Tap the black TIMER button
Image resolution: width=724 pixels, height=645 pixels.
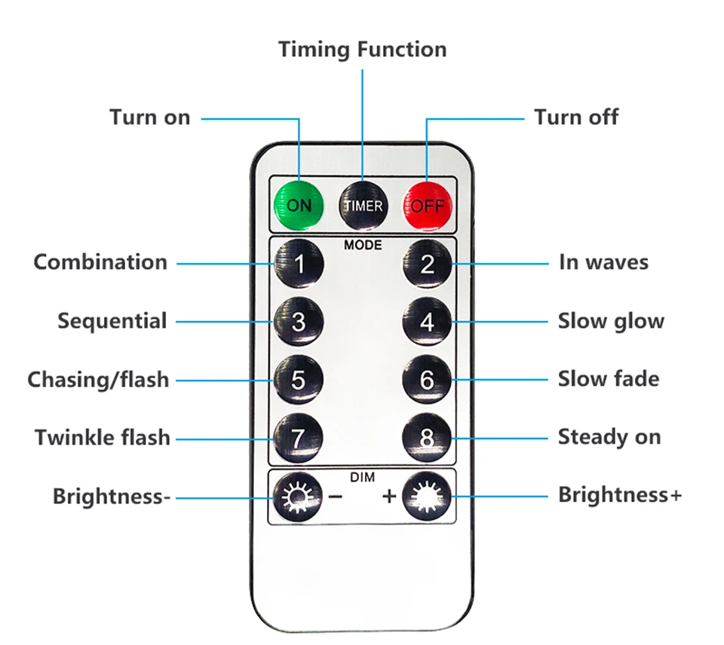363,205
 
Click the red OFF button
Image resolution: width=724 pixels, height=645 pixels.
428,205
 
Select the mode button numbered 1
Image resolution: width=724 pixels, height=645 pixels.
299,264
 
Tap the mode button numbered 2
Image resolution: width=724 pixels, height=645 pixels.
428,264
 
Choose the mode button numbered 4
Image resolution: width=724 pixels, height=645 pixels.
428,322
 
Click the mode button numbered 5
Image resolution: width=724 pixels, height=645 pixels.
299,380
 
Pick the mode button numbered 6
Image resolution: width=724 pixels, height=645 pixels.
428,380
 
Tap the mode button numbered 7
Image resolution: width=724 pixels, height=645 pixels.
299,438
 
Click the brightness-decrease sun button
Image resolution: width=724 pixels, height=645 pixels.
297,497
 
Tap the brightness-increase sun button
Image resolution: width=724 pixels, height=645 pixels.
428,497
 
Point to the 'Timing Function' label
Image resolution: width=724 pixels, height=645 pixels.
362,50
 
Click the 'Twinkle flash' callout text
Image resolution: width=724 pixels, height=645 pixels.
103,437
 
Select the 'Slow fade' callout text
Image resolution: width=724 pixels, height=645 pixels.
608,378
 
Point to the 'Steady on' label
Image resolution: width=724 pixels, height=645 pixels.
609,437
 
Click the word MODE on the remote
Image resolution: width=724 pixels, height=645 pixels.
363,245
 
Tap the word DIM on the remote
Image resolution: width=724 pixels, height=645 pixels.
363,477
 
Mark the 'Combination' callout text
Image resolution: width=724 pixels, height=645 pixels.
100,262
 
